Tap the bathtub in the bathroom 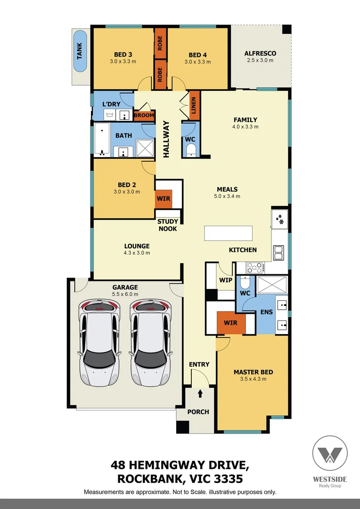[x=101, y=140]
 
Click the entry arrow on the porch [x=200, y=394]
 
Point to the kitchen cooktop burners [x=255, y=268]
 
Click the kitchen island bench [x=228, y=233]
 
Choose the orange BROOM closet [x=144, y=115]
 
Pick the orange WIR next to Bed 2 [x=164, y=198]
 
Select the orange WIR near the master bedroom [x=230, y=323]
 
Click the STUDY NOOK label [x=168, y=225]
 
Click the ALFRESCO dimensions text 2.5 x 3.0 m [x=260, y=60]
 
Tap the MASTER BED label [x=253, y=372]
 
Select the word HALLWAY [x=166, y=139]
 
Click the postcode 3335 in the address [x=227, y=479]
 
